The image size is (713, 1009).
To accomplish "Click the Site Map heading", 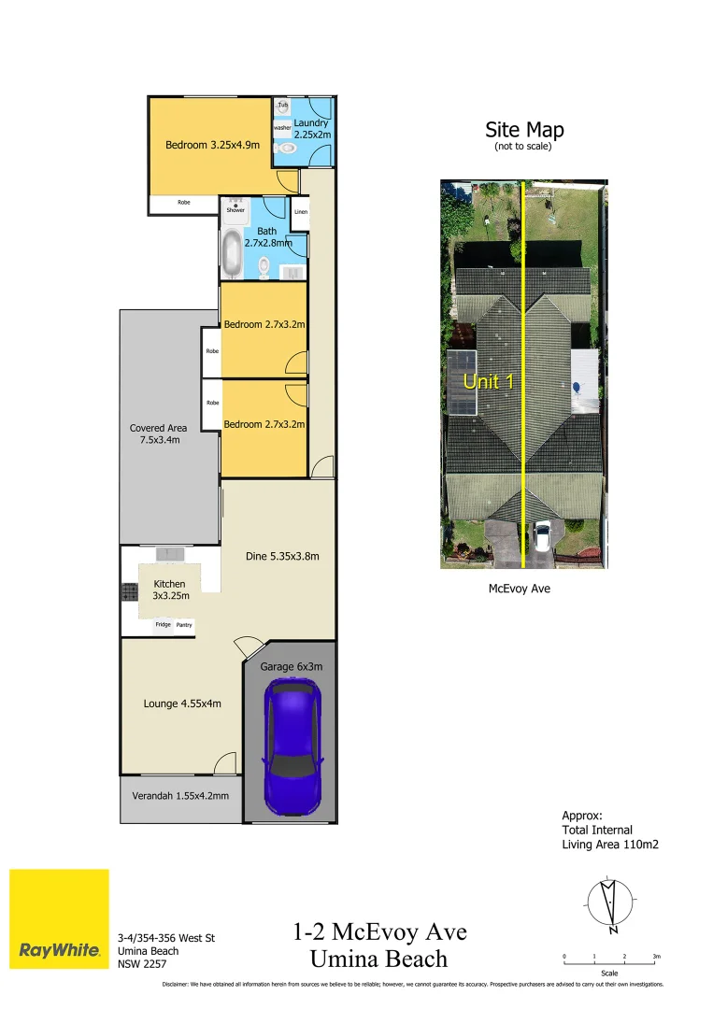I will click(x=524, y=130).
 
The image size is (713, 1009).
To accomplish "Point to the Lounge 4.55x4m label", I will click(x=182, y=703).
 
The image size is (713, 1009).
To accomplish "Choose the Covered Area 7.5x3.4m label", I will click(x=158, y=433).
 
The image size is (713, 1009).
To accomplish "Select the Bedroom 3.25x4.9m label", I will click(x=212, y=145).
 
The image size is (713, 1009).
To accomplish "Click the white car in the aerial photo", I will click(x=541, y=539).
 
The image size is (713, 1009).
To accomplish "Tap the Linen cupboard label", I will click(x=300, y=212).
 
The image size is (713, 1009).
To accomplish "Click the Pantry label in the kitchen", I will click(x=184, y=624).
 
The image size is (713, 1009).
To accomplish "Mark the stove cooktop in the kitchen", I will click(x=128, y=590).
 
